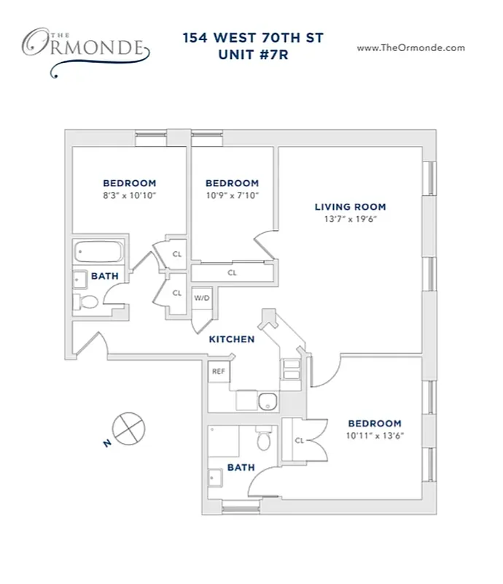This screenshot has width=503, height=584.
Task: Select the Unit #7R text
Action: tap(252, 56)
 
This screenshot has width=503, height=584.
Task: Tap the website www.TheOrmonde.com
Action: tap(410, 47)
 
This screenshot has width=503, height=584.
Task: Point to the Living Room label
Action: tap(350, 207)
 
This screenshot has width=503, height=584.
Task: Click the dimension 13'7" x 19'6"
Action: tap(350, 219)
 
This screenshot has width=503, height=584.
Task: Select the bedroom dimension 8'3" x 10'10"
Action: tap(129, 196)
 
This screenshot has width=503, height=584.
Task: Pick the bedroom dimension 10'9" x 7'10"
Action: tap(232, 196)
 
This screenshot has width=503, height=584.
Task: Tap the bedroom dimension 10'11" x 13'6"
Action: tap(374, 436)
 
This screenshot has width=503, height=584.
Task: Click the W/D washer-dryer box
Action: tap(201, 298)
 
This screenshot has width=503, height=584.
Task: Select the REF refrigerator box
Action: tap(217, 371)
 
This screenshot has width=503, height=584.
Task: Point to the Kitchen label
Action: tap(232, 339)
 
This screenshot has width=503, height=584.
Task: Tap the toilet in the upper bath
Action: tap(87, 301)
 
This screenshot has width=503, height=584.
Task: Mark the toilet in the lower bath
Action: tap(264, 440)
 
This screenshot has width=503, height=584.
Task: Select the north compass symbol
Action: tap(128, 428)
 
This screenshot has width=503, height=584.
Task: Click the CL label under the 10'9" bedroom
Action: tap(232, 273)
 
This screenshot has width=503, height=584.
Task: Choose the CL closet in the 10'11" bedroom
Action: tap(299, 440)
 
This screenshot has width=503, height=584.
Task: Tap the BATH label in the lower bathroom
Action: tap(241, 466)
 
